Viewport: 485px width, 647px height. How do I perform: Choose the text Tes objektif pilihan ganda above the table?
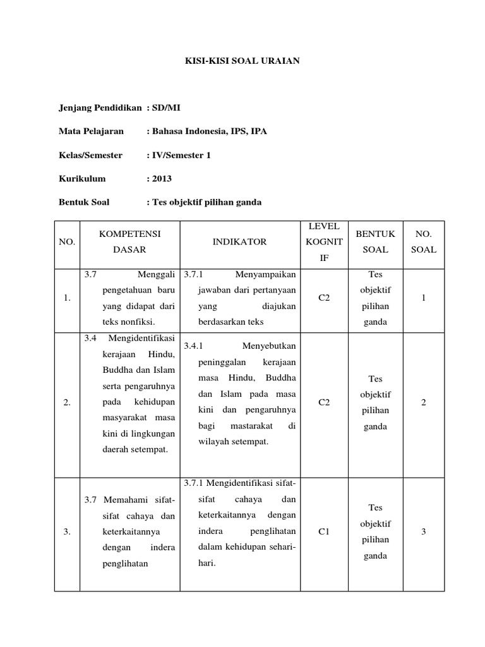(205, 202)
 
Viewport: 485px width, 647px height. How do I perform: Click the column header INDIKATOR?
(239, 241)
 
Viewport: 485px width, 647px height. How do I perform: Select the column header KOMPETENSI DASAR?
(129, 241)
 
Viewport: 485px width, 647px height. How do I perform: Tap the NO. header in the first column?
(67, 241)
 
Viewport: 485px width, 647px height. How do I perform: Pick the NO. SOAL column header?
(424, 241)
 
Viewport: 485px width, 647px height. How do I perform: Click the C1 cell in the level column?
(325, 531)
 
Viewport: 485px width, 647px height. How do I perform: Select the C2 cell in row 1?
(325, 298)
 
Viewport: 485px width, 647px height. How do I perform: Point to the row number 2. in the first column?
(67, 402)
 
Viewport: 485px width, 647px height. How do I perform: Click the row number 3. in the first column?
(67, 531)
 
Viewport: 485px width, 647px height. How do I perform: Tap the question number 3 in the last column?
(424, 531)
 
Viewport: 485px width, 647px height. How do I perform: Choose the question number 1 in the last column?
(424, 298)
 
